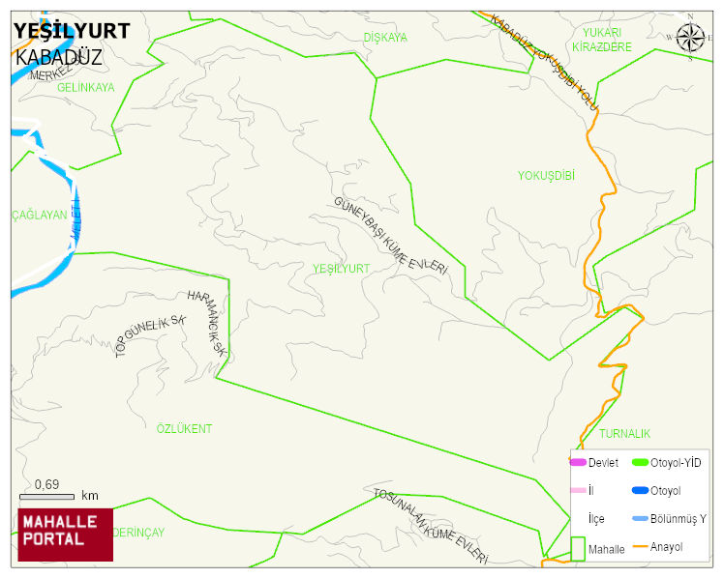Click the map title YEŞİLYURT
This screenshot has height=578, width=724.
coord(72,31)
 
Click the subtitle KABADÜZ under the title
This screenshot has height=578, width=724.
coord(59,57)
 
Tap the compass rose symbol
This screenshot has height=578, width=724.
coord(690,38)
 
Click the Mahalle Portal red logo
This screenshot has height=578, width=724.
coord(65,534)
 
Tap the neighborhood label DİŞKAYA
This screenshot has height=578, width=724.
coord(385,38)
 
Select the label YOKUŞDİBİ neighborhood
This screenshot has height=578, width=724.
coord(546,176)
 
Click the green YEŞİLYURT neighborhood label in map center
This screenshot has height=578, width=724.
coord(342,268)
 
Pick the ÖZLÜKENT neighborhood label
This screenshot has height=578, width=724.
coord(184,428)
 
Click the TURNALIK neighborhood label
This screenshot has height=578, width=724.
coord(624,434)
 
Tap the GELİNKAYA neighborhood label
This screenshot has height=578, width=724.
coord(86,87)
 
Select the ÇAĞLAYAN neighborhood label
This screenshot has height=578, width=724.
coord(40,216)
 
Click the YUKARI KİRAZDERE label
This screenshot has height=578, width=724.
coord(601,40)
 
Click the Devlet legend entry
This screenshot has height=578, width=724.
coord(603,463)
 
